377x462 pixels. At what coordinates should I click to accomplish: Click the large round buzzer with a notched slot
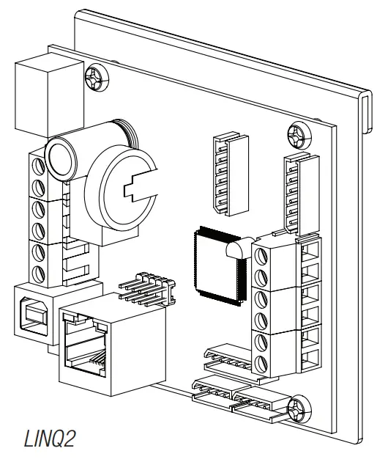pos(120,192)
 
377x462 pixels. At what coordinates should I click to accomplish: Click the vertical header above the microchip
pos(228,175)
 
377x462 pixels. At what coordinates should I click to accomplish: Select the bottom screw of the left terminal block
pos(40,274)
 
